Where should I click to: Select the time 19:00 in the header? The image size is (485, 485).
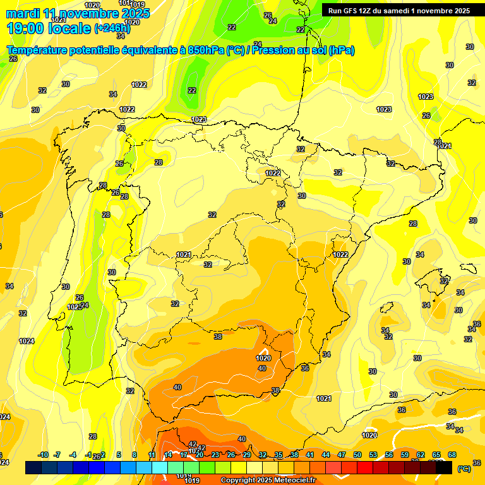coord(26,28)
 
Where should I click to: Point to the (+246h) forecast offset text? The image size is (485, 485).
coord(112,28)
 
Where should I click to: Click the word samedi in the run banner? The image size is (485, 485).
coord(395,11)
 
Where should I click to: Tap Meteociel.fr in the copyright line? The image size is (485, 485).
coord(294,480)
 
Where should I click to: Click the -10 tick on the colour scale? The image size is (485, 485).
coord(43,455)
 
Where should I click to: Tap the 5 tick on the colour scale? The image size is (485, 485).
coord(119,455)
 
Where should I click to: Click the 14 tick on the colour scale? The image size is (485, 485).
coord(168,455)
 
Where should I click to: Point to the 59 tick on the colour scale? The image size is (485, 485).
coord(405,455)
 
